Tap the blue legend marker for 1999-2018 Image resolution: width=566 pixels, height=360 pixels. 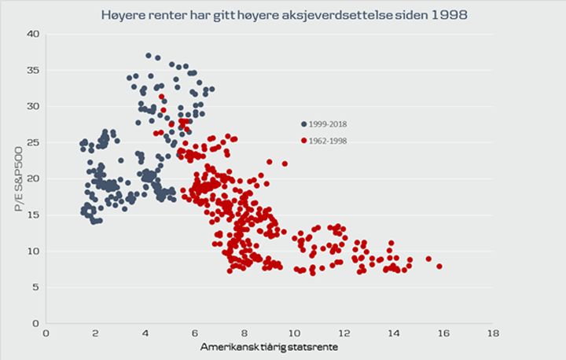[x=303, y=124]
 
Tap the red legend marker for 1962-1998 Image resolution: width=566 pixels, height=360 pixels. [x=303, y=141]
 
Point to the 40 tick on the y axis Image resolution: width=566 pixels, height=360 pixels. [x=33, y=34]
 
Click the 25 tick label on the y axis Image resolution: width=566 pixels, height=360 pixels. [x=33, y=142]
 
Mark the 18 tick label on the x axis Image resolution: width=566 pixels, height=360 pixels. [x=493, y=333]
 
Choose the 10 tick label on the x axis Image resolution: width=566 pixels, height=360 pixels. [x=294, y=333]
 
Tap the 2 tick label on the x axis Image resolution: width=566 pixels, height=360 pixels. [x=95, y=333]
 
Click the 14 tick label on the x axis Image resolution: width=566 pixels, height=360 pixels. [x=393, y=333]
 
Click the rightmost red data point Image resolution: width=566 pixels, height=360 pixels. [x=439, y=266]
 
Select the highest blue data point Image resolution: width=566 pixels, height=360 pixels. [x=148, y=56]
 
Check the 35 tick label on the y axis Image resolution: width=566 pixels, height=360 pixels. [x=33, y=70]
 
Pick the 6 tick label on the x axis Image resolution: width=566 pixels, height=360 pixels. [x=195, y=333]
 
